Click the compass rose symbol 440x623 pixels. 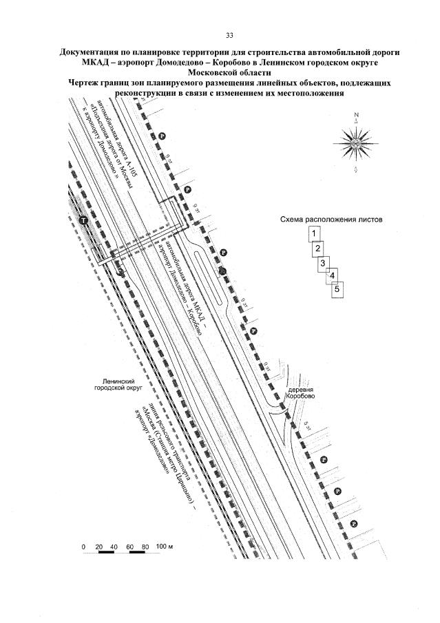356,143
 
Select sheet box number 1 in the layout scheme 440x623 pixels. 314,233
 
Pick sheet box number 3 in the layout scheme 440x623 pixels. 322,263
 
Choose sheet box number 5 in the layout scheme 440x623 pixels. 337,289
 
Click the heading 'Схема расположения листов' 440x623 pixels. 331,220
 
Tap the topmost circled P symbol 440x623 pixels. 162,136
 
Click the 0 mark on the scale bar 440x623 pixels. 83,546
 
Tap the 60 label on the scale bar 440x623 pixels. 130,546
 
